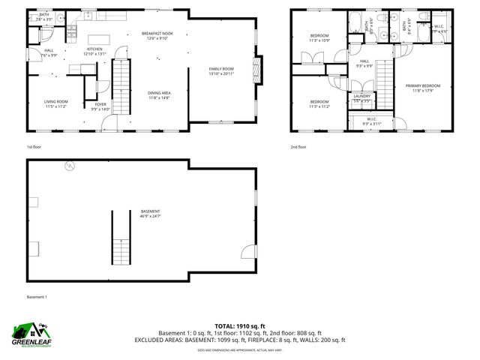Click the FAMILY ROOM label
pos(221,69)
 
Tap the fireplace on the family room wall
pos(259,71)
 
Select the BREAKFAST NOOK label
pos(157,34)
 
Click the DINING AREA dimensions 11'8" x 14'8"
pos(159,97)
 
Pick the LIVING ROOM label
pos(55,101)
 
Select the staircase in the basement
pos(121,238)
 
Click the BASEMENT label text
pos(150,211)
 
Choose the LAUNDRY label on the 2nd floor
pos(362,97)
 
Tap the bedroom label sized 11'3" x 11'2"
pos(319,102)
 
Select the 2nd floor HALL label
pos(364,61)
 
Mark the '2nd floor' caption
pos(298,147)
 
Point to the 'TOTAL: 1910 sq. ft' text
pos(240,326)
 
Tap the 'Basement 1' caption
pos(37,297)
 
